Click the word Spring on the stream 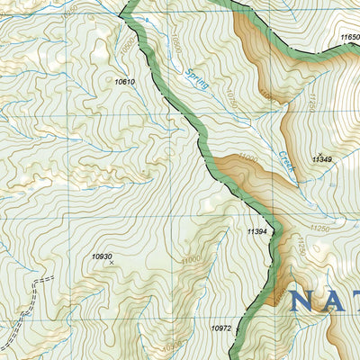[197, 80]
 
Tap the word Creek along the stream [286, 162]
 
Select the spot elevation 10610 [124, 82]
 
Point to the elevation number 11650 [350, 37]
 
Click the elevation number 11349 [321, 159]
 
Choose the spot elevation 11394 [257, 231]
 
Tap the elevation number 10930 [102, 256]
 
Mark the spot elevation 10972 [221, 328]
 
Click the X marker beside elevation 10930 [111, 264]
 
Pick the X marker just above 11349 [318, 152]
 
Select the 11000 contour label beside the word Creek [247, 158]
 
